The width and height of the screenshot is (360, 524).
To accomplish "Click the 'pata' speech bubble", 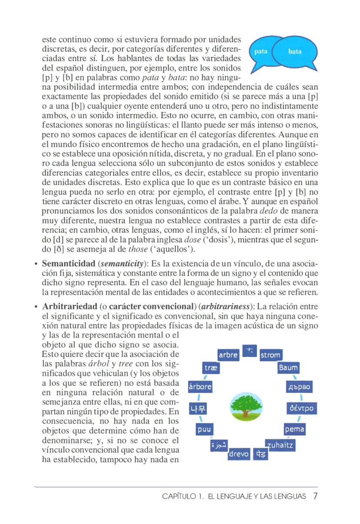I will click(261, 52).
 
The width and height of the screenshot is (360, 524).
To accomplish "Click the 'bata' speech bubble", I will click(295, 52).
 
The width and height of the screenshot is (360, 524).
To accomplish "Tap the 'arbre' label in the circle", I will click(228, 355).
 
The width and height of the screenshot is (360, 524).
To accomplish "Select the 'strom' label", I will click(270, 355).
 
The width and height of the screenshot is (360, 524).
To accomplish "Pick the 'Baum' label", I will click(288, 368).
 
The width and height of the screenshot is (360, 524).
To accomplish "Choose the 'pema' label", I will click(294, 430).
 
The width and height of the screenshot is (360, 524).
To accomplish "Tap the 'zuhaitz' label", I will click(280, 445).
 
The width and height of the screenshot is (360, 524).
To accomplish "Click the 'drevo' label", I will click(239, 454).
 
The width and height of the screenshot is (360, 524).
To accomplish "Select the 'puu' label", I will click(203, 430).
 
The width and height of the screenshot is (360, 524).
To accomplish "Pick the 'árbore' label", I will click(200, 387).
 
